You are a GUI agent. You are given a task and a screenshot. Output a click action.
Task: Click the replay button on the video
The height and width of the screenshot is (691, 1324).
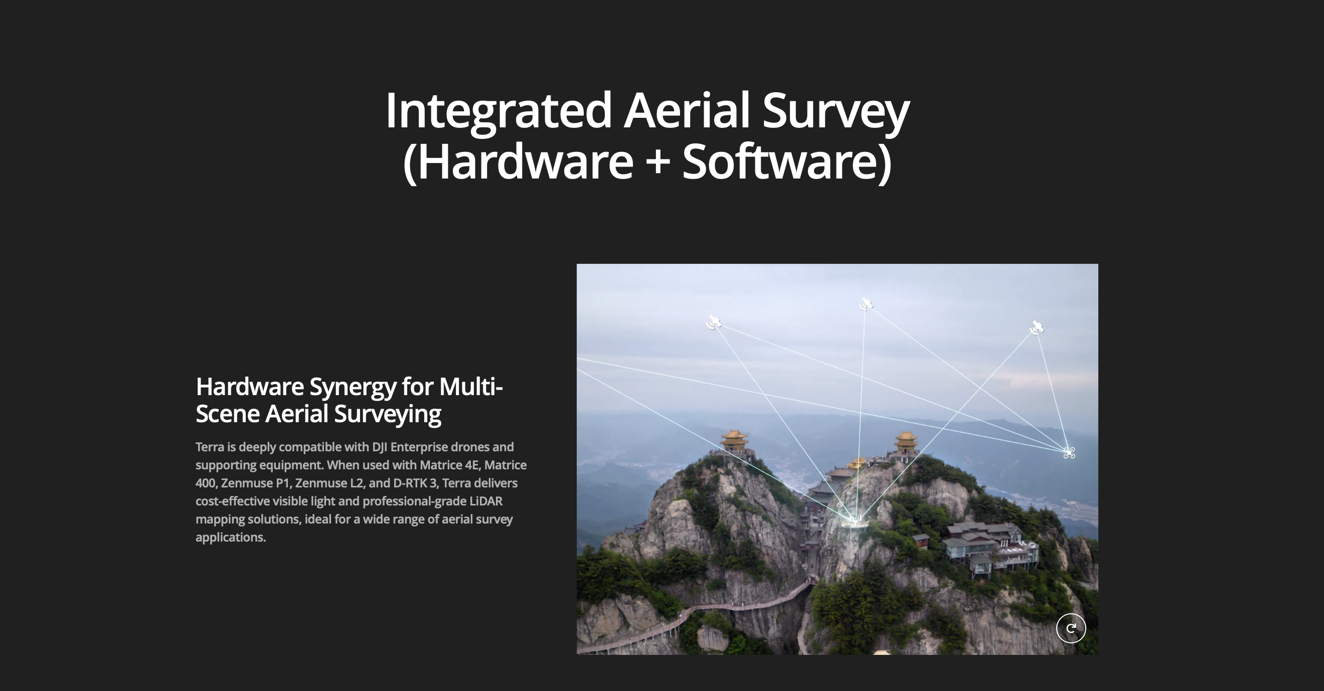1071,628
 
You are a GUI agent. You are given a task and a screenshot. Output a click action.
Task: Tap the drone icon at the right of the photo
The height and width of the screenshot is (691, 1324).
1069,453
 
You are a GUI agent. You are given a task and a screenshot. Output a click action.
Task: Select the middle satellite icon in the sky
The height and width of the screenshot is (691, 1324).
866,304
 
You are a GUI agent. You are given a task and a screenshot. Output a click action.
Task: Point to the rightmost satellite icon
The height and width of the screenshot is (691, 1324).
1036,327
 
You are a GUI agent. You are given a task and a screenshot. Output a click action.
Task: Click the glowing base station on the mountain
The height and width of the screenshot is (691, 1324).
855,520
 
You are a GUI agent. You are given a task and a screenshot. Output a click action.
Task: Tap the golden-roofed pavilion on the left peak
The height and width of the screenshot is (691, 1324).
734,441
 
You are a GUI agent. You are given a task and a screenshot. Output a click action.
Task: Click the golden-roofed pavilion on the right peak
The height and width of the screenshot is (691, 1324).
906,442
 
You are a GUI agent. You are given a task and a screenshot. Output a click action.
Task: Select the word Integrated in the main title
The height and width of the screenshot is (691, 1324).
499,111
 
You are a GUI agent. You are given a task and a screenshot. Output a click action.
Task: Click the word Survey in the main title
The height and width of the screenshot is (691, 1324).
836,111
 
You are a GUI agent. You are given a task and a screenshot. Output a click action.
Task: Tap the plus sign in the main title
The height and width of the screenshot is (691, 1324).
657,161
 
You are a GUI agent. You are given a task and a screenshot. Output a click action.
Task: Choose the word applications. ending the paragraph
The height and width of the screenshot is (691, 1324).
231,538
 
